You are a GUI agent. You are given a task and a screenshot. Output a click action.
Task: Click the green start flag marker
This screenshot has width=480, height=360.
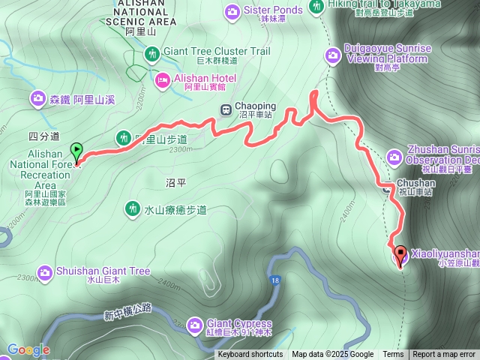76,150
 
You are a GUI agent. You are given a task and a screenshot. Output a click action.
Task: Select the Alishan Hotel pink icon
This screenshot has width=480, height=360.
162,79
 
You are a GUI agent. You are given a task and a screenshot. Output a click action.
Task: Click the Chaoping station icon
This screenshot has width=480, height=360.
225,109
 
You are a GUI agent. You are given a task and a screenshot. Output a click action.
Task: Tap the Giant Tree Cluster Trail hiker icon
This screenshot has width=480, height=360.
152,53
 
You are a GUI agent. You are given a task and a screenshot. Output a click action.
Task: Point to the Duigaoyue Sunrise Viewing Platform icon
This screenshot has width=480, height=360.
332,53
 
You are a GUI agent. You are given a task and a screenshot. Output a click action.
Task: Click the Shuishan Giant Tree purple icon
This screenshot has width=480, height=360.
44,271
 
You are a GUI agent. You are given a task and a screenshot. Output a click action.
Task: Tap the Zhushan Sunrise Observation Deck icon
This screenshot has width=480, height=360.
395,156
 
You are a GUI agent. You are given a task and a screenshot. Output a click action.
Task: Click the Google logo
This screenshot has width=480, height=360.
28,349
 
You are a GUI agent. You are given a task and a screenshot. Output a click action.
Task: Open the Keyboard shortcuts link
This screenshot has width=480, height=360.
250,355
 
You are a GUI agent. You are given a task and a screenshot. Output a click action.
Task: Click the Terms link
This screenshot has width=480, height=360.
393,355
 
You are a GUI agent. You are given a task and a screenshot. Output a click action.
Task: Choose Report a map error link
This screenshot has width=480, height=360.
444,355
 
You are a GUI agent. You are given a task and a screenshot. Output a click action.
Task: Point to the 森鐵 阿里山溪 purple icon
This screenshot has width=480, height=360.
37,98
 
